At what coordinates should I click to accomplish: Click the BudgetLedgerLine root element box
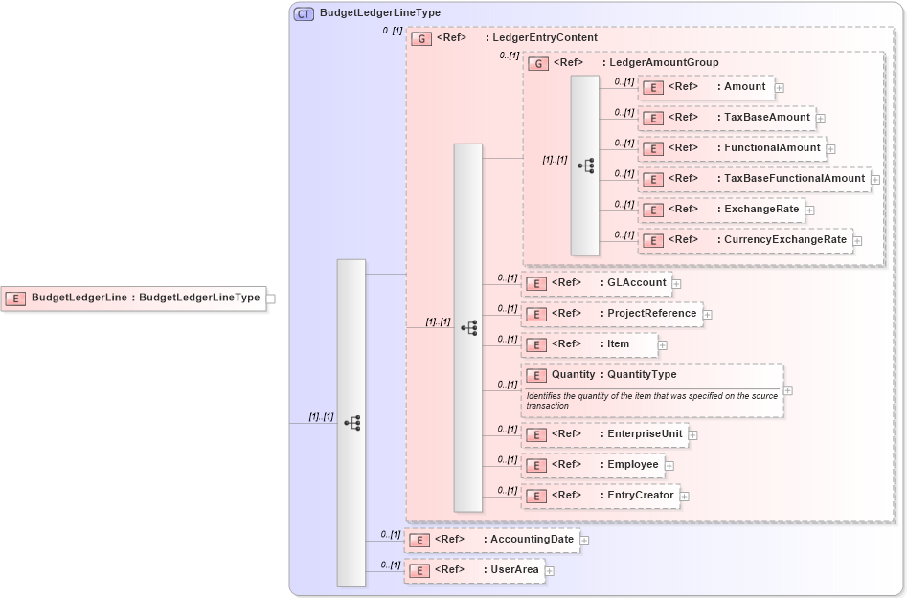pyautogui.click(x=133, y=298)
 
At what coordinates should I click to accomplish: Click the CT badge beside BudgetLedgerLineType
pyautogui.click(x=304, y=14)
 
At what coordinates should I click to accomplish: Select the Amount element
pyautogui.click(x=707, y=87)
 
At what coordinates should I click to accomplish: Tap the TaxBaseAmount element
pyautogui.click(x=727, y=118)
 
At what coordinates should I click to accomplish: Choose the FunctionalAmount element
pyautogui.click(x=732, y=148)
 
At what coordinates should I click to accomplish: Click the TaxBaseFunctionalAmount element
pyautogui.click(x=755, y=179)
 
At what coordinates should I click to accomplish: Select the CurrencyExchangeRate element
pyautogui.click(x=746, y=240)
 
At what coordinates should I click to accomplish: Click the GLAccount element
pyautogui.click(x=595, y=283)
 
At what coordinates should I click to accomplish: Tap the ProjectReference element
pyautogui.click(x=611, y=314)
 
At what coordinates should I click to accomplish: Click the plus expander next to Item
pyautogui.click(x=662, y=344)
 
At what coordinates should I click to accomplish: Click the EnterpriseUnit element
pyautogui.click(x=604, y=434)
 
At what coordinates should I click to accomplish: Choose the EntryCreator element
pyautogui.click(x=600, y=496)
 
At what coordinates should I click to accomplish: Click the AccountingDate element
pyautogui.click(x=491, y=540)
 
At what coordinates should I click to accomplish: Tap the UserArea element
pyautogui.click(x=474, y=570)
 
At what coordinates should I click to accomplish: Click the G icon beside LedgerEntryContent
pyautogui.click(x=420, y=39)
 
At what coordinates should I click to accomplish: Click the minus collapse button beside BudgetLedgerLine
pyautogui.click(x=271, y=299)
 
